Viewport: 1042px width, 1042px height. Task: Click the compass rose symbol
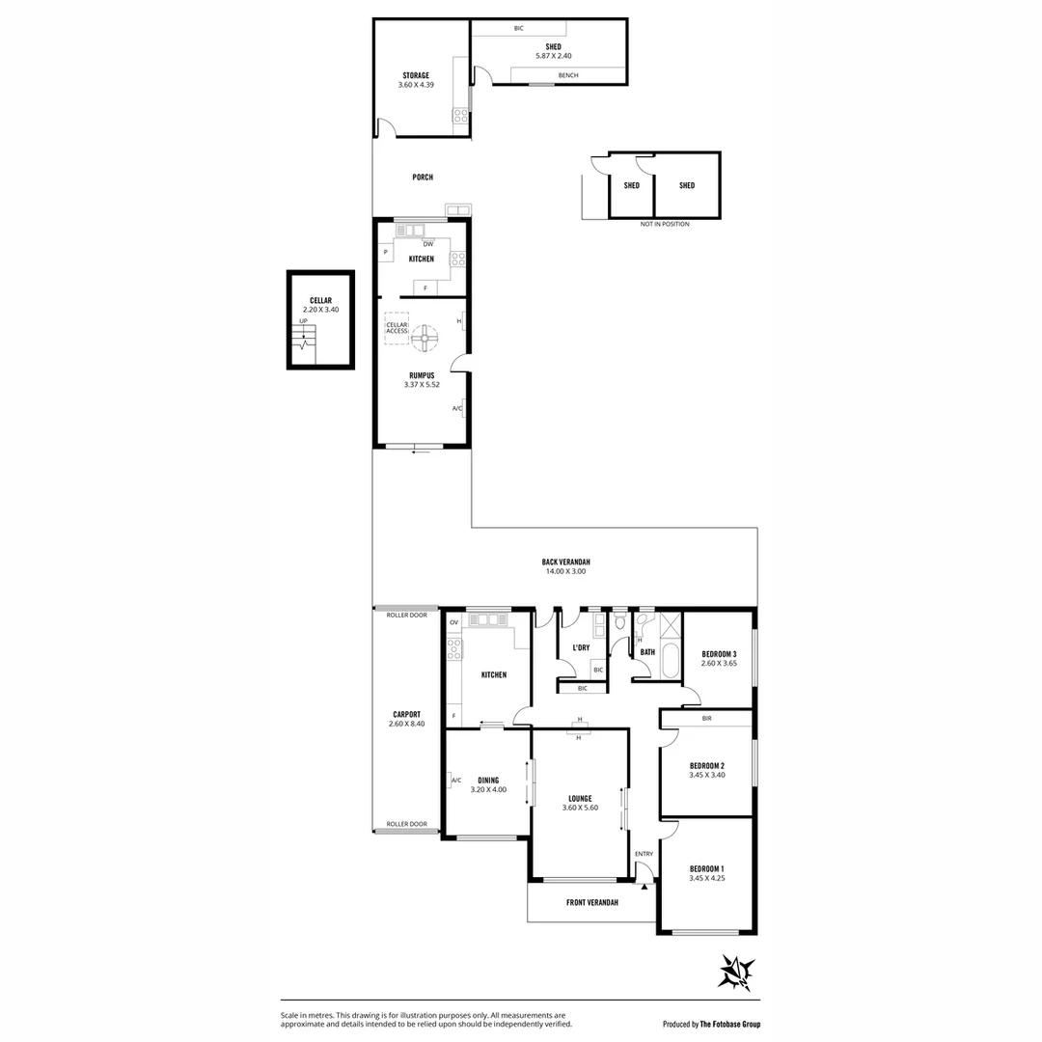coord(736,972)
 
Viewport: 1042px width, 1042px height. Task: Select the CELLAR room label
coord(320,300)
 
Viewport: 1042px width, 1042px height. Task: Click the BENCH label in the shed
coord(568,75)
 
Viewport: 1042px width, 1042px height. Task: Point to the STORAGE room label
coord(416,75)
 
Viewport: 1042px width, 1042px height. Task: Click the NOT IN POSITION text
coord(665,224)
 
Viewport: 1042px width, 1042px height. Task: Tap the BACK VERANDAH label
coord(565,562)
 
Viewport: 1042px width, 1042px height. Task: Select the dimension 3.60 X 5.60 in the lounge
coord(580,808)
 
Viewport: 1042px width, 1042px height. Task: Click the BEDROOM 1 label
coord(706,868)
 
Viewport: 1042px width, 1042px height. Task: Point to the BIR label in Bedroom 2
coord(706,719)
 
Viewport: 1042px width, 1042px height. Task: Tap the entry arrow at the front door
coord(644,885)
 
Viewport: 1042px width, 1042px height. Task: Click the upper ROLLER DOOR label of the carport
coord(406,615)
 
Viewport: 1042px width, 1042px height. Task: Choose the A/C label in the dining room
coord(455,780)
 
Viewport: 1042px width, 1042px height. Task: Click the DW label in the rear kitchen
coord(427,244)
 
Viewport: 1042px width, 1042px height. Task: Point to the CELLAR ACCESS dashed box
coord(397,327)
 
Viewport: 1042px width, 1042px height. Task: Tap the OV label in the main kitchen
coord(453,623)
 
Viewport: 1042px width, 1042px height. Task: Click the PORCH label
coord(422,178)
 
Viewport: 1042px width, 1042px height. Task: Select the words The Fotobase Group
coord(736,1024)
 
